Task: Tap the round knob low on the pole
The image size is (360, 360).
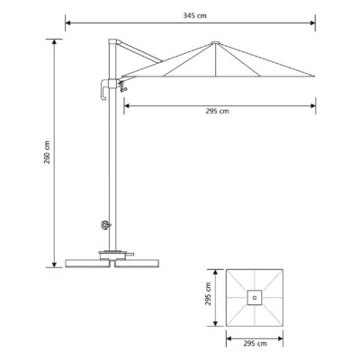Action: [104, 227]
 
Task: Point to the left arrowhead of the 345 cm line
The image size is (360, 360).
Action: [69, 21]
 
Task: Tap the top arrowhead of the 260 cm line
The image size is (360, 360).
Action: [56, 41]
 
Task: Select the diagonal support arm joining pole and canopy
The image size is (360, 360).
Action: [139, 52]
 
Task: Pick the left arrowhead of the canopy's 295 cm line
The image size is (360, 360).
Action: [125, 104]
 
